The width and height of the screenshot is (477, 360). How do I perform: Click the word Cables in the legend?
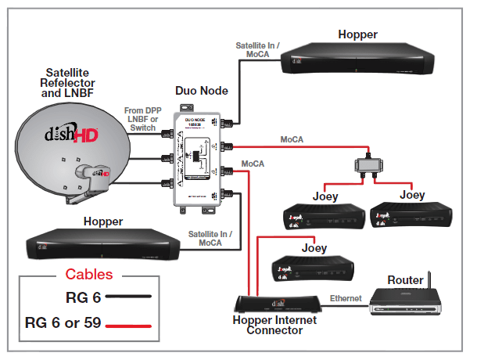coord(88,275)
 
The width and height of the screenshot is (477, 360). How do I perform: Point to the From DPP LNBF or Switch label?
coord(143,119)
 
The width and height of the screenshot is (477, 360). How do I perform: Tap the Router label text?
coord(405,279)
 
